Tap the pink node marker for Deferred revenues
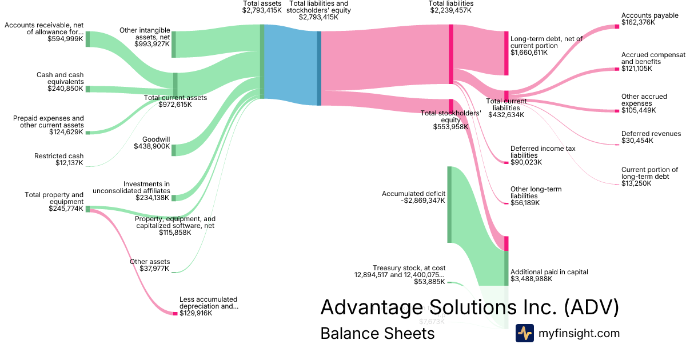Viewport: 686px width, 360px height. pyautogui.click(x=617, y=145)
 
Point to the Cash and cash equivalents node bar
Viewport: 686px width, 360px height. pyautogui.click(x=87, y=89)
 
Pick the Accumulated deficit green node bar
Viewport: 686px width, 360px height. pyautogui.click(x=449, y=204)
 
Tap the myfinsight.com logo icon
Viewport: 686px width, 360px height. pyautogui.click(x=524, y=333)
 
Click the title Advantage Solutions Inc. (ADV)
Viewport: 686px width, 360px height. pyautogui.click(x=469, y=307)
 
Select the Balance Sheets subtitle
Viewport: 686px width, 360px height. pyautogui.click(x=377, y=333)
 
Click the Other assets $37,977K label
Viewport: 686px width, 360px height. pyautogui.click(x=150, y=265)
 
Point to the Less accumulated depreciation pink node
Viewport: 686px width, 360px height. pyautogui.click(x=176, y=313)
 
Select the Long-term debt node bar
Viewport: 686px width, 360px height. pyautogui.click(x=506, y=53)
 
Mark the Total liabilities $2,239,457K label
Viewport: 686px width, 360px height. pyautogui.click(x=451, y=7)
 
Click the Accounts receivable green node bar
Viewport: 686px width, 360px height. pyautogui.click(x=87, y=38)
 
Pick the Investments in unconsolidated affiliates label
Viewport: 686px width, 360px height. pyautogui.click(x=131, y=191)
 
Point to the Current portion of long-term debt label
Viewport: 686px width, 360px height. pyautogui.click(x=649, y=177)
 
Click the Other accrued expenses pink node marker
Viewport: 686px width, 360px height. pyautogui.click(x=617, y=110)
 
